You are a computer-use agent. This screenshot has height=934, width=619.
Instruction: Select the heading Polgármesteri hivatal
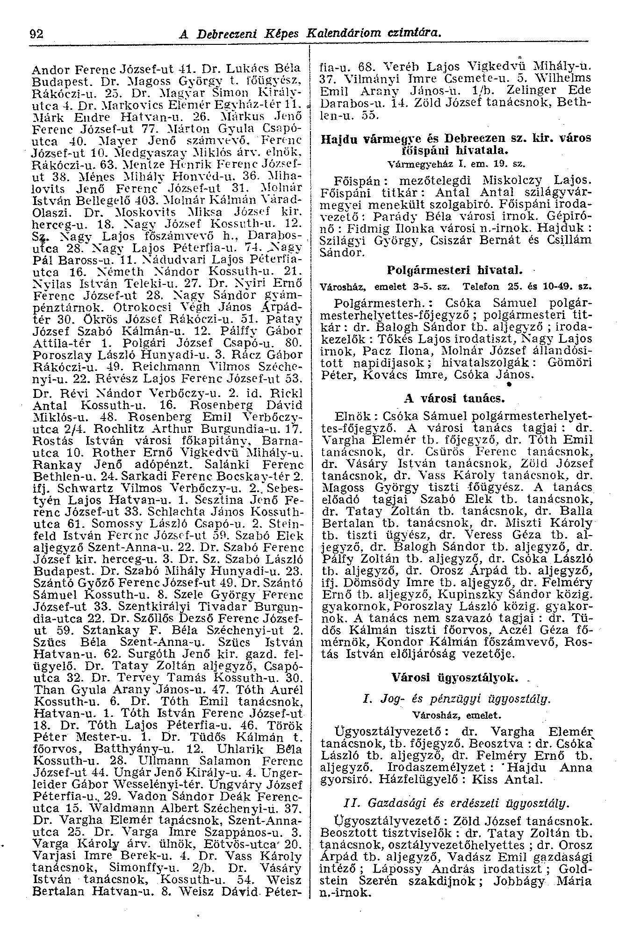pyautogui.click(x=454, y=270)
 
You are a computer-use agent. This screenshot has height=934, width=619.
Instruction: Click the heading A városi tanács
pyautogui.click(x=454, y=399)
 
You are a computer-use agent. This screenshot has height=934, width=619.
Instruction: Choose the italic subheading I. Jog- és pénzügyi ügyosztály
pyautogui.click(x=454, y=699)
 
